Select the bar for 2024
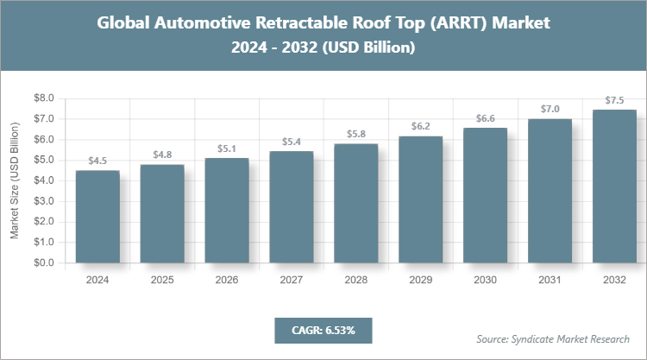[x=97, y=217]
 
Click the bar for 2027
[x=292, y=207]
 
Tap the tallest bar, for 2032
[x=614, y=186]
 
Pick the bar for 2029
[x=420, y=199]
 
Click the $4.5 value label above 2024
[x=97, y=161]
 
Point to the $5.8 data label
[x=355, y=134]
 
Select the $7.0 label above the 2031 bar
[x=550, y=109]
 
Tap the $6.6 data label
[x=485, y=117]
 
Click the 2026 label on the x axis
[x=226, y=280]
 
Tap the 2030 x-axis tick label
[x=485, y=280]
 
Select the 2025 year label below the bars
[x=161, y=280]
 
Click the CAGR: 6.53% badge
[x=323, y=330]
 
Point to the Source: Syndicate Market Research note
[x=553, y=338]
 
